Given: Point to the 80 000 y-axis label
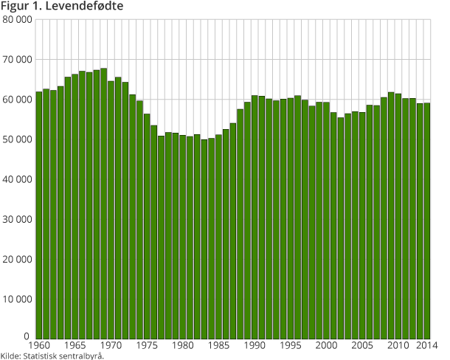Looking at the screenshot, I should pyautogui.click(x=17, y=19).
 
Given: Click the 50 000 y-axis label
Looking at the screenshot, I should pyautogui.click(x=17, y=139).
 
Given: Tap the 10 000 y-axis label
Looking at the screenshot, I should pyautogui.click(x=17, y=299).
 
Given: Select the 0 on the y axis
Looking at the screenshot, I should pyautogui.click(x=27, y=336).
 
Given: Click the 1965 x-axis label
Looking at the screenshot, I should pyautogui.click(x=75, y=345).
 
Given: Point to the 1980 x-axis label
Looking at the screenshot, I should pyautogui.click(x=183, y=345).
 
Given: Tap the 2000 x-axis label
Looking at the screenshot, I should pyautogui.click(x=326, y=345).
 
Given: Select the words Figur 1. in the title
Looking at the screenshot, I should pyautogui.click(x=24, y=6).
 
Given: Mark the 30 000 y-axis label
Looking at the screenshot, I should pyautogui.click(x=17, y=219).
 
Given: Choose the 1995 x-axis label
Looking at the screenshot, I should pyautogui.click(x=291, y=345).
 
